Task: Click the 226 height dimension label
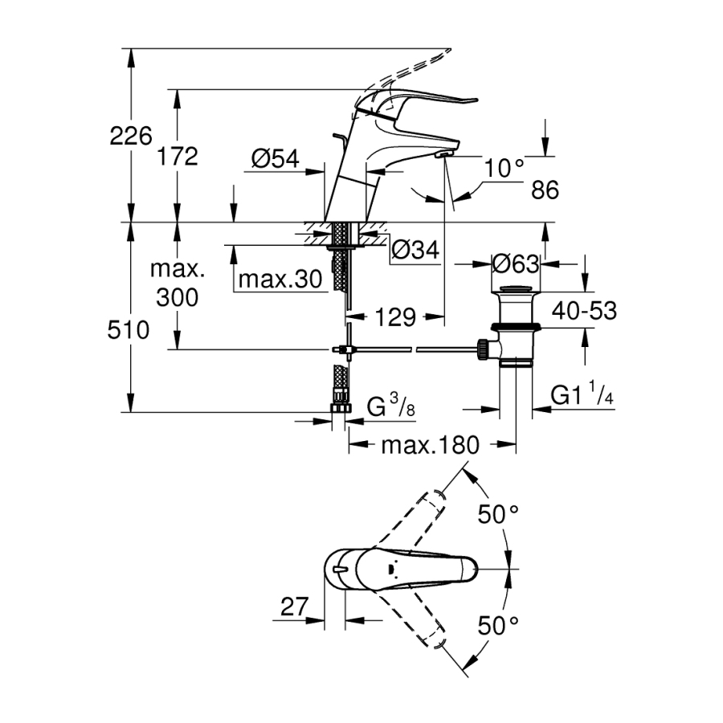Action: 130,137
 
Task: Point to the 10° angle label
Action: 505,168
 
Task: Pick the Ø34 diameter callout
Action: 416,251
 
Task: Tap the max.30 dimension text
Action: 280,280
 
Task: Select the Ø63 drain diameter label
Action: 516,263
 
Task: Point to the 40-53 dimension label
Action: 584,310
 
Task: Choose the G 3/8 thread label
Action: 391,407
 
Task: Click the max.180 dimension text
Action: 431,444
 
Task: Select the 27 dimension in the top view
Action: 294,607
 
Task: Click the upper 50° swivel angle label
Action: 499,514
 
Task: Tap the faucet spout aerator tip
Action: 444,153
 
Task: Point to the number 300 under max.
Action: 178,298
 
